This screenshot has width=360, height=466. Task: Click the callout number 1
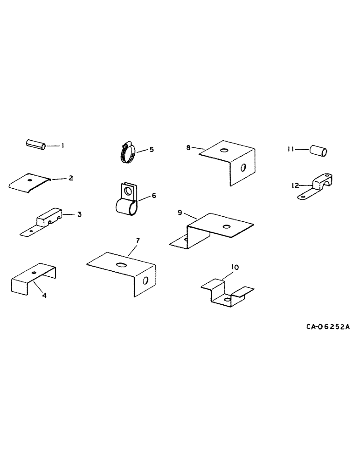point(63,146)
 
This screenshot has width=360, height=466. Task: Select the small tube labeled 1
point(35,144)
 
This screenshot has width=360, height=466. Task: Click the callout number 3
point(79,214)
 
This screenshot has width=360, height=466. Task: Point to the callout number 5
point(151,150)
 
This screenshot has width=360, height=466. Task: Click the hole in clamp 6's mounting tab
point(127,191)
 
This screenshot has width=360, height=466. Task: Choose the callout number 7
point(138,240)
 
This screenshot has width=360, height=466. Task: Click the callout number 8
point(188,147)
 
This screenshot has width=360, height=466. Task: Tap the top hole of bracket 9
point(227,226)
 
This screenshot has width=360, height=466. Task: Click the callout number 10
point(235,267)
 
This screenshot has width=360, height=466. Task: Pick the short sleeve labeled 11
point(318,151)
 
